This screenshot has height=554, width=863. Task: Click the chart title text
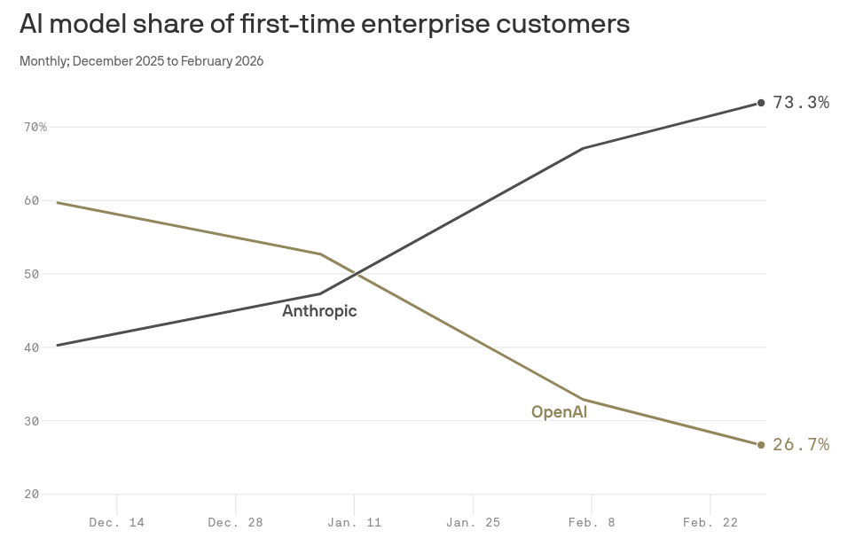(x=324, y=24)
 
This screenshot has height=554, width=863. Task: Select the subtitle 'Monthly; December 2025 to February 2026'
(x=141, y=61)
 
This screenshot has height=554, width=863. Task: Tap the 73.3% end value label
(x=801, y=103)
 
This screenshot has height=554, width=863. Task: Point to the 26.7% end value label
(x=801, y=445)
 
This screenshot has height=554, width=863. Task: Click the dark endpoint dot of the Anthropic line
(x=761, y=103)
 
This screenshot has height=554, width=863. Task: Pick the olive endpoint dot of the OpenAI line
(x=761, y=445)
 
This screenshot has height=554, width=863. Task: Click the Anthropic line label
(x=319, y=311)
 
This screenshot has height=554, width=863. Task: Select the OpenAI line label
(x=559, y=412)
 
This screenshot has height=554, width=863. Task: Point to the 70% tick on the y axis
(x=35, y=128)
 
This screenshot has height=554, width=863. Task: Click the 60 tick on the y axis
(x=32, y=201)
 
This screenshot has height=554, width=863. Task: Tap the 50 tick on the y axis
(x=32, y=275)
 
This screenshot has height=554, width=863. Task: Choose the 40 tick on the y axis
(x=32, y=347)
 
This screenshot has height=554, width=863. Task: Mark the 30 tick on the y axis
(x=32, y=421)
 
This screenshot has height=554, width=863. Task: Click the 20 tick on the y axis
(x=32, y=495)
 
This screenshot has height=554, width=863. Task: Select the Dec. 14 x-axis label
(x=116, y=523)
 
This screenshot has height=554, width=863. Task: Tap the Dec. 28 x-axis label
(x=235, y=523)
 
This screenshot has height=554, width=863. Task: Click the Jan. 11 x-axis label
(x=354, y=523)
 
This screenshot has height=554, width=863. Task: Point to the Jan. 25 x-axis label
(x=473, y=523)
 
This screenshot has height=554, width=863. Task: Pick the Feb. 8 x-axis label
(x=592, y=523)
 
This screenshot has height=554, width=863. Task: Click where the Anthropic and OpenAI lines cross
(x=355, y=274)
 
